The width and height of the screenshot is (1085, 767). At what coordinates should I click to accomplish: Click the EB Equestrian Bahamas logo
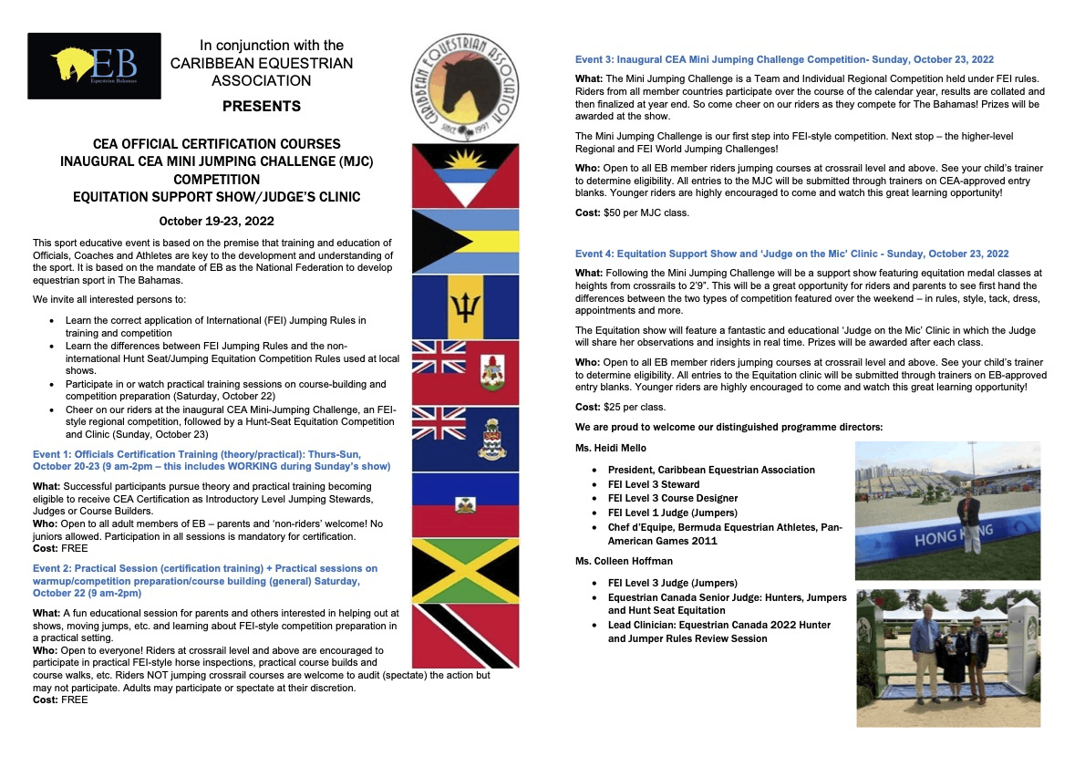pos(94,66)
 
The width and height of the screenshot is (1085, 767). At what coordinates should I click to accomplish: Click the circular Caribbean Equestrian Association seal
pos(465,86)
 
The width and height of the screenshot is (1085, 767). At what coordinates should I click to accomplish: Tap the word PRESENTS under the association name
pos(262,107)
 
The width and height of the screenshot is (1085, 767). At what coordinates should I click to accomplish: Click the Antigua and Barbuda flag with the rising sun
pos(465,175)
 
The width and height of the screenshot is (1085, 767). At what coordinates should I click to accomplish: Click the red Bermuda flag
pos(465,372)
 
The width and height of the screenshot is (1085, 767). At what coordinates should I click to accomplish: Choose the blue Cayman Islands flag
pos(465,439)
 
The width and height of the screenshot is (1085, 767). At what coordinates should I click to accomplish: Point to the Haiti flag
pos(465,504)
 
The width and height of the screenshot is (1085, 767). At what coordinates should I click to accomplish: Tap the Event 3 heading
pos(784,59)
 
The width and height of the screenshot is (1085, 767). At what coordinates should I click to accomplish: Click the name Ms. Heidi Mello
pos(612,447)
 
